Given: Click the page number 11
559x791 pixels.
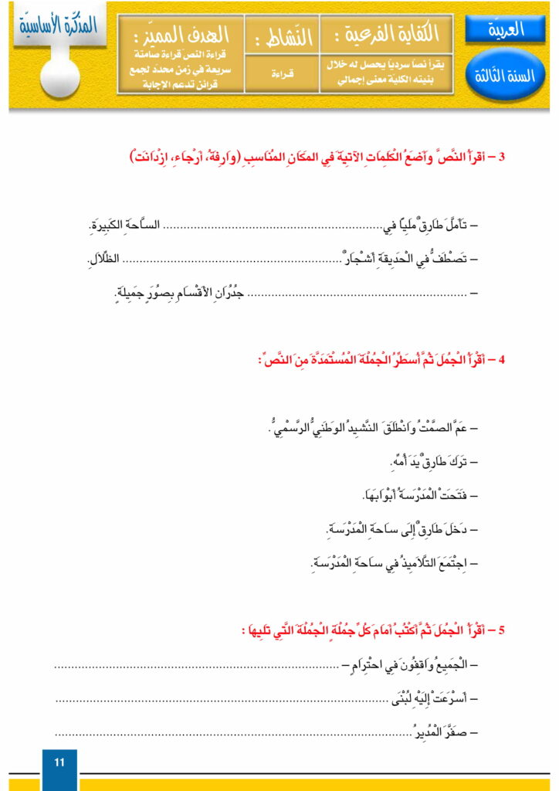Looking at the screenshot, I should click(59, 762).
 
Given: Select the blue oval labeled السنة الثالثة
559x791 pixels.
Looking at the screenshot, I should click(506, 77).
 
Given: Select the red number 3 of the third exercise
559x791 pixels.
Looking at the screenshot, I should click(502, 158).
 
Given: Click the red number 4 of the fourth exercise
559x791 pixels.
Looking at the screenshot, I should click(502, 360).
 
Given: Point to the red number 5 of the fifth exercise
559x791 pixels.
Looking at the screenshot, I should click(502, 630).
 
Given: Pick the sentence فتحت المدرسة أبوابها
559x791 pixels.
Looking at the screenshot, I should click(409, 495).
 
